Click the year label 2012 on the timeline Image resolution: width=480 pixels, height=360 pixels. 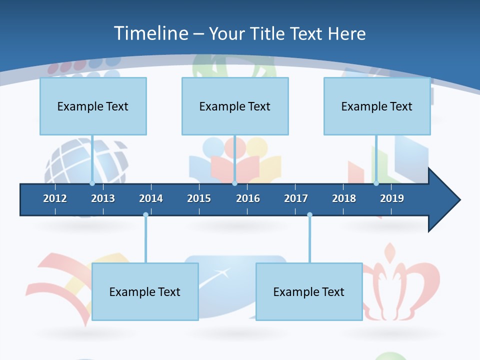(55, 198)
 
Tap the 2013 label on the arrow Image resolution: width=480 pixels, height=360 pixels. (103, 198)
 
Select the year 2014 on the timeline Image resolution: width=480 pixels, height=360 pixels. (151, 198)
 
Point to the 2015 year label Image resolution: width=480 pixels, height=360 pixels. (199, 198)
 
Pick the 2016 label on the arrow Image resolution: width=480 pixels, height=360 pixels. (248, 198)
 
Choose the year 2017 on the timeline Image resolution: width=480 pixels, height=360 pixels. (296, 198)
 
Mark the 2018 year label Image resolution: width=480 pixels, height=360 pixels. (344, 198)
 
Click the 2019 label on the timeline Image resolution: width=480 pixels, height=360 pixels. (392, 198)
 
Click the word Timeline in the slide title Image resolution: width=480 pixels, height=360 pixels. (150, 33)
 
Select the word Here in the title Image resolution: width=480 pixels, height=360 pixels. (346, 33)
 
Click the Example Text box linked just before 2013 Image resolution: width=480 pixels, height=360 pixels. (93, 106)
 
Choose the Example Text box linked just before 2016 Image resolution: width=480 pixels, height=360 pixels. (235, 106)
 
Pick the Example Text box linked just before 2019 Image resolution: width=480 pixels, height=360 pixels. (377, 106)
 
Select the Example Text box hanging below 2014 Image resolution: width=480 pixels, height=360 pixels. (145, 291)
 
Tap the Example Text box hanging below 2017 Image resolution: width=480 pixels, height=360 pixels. (309, 291)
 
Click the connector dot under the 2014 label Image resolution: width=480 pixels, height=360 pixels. (145, 214)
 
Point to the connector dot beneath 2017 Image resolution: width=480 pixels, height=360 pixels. (309, 214)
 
